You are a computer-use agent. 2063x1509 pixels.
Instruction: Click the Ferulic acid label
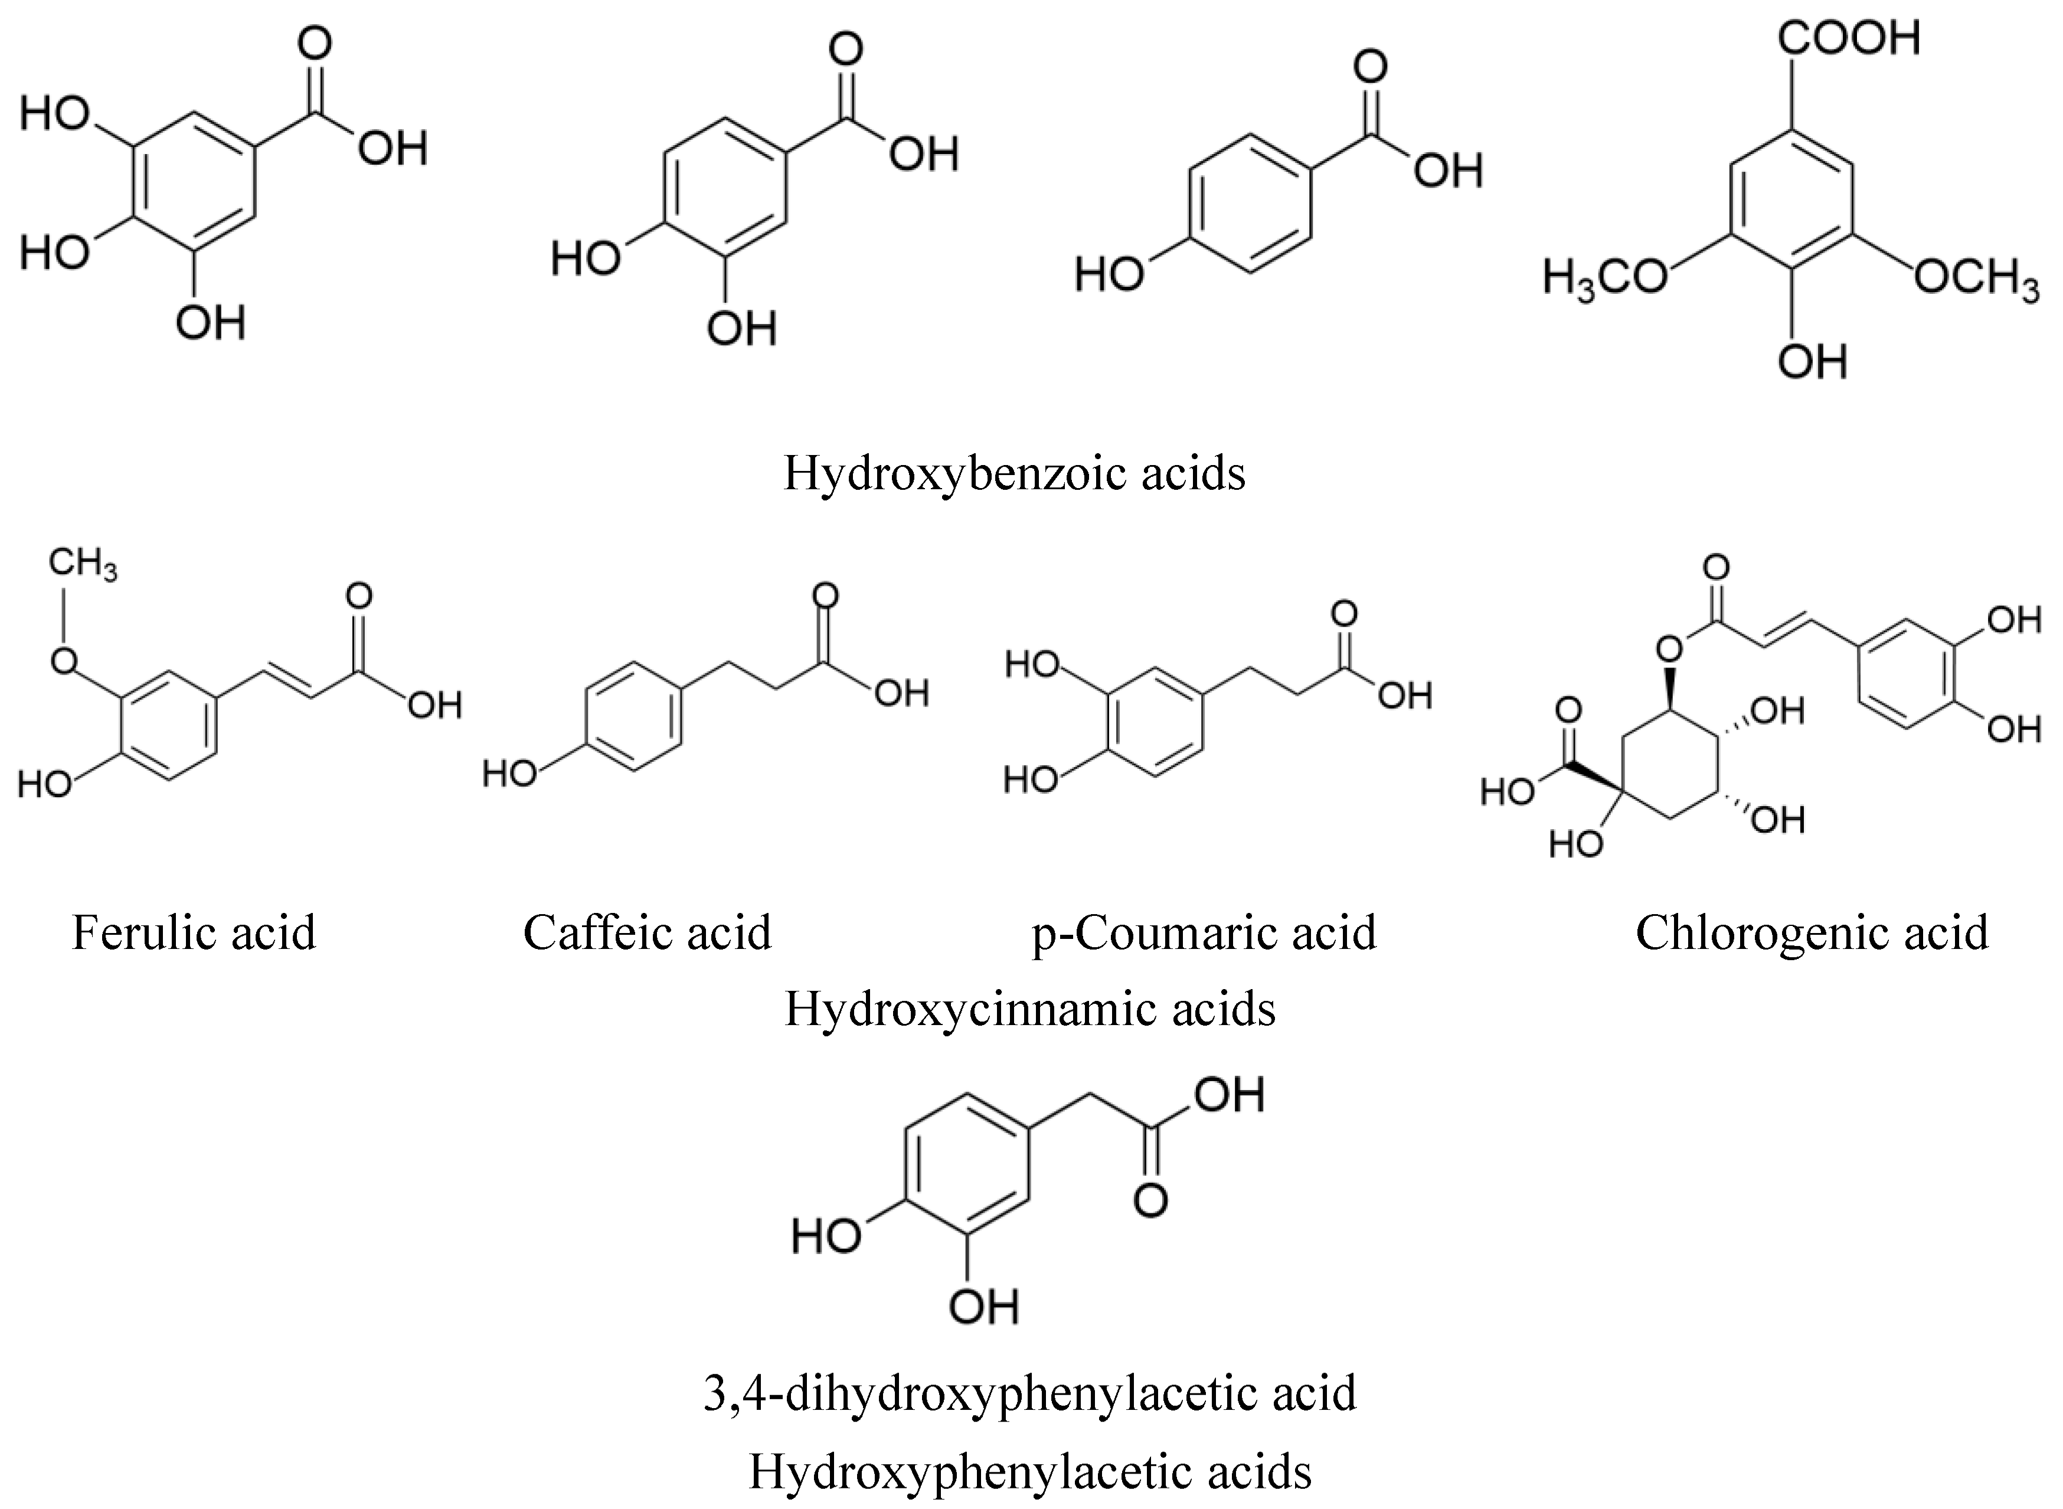(x=194, y=932)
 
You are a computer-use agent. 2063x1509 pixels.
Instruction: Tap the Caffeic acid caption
(x=647, y=932)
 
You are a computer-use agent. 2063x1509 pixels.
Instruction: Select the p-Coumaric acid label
(x=1203, y=932)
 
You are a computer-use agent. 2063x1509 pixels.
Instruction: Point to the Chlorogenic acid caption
(x=1812, y=932)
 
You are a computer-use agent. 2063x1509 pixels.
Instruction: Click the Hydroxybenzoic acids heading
(x=1014, y=474)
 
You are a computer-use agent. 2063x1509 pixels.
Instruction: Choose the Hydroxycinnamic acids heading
(x=1029, y=1009)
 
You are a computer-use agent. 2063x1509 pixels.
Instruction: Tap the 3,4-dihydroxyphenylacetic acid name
(x=1029, y=1393)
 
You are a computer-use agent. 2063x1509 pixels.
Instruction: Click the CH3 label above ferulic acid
(x=82, y=564)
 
